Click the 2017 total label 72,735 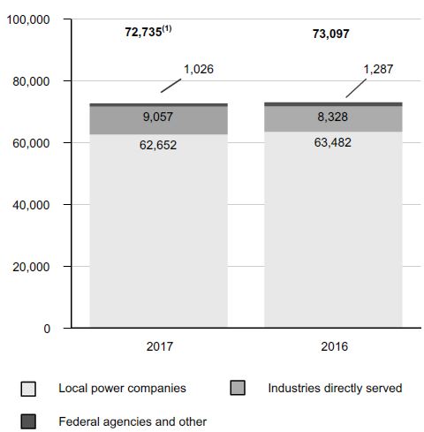click(x=144, y=32)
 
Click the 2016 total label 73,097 click(x=331, y=34)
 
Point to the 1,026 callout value click(x=199, y=70)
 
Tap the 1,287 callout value click(x=378, y=70)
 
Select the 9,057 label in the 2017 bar click(x=158, y=117)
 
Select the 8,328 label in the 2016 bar click(x=332, y=117)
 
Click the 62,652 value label click(x=158, y=145)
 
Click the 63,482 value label click(x=333, y=142)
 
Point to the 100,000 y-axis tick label click(x=28, y=20)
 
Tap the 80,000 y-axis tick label click(x=31, y=81)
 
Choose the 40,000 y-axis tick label click(x=31, y=205)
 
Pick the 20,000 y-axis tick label click(x=31, y=267)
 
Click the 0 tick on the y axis click(x=47, y=329)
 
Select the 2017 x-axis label click(x=160, y=346)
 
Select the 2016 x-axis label click(x=335, y=346)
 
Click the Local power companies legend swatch click(x=28, y=389)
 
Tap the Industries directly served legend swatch click(x=238, y=388)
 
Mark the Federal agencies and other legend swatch click(x=28, y=421)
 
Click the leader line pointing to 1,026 click(x=170, y=86)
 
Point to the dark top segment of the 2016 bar click(x=333, y=104)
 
